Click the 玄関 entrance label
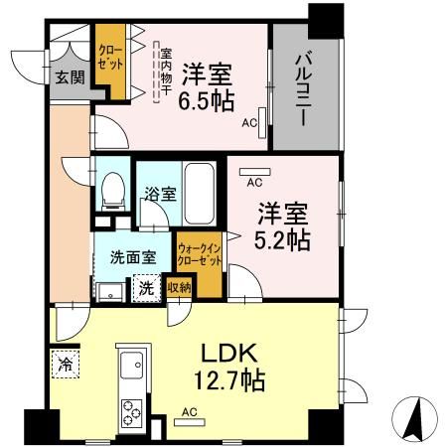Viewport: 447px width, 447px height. click(69, 76)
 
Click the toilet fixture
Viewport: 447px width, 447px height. click(113, 189)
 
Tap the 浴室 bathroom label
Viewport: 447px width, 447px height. click(158, 194)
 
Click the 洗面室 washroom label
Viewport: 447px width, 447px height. click(133, 256)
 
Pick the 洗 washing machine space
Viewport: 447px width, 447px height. click(145, 289)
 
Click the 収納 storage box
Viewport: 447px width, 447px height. click(179, 288)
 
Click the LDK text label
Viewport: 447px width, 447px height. click(234, 354)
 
